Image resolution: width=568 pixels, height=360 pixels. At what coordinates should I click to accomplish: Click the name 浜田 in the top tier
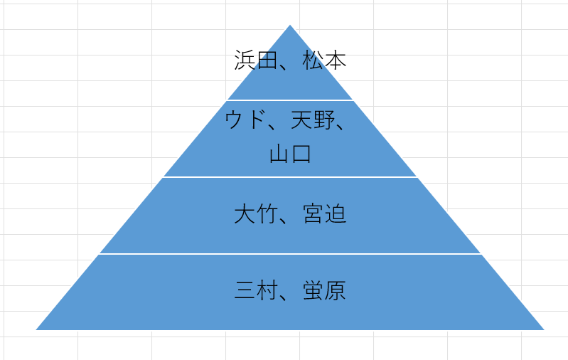256,60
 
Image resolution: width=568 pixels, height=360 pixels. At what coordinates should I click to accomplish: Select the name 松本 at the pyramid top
325,60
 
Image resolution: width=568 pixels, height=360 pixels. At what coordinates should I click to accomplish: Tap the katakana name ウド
245,120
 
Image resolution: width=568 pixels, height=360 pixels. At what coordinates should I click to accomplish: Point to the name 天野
314,120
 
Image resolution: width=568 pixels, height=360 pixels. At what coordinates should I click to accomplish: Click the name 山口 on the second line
290,154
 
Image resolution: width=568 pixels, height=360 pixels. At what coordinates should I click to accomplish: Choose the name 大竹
256,213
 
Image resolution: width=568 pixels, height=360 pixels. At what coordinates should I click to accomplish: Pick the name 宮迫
325,213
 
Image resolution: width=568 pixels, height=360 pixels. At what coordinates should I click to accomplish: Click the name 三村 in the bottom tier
256,290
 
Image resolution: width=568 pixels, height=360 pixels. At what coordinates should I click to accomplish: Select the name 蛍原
325,290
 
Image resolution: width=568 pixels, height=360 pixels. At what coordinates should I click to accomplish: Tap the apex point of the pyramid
290,25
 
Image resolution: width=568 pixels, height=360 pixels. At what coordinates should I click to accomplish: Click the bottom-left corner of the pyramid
36,329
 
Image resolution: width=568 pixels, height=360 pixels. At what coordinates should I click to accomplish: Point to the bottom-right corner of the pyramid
544,329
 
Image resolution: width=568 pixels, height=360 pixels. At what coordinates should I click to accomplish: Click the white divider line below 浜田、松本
290,100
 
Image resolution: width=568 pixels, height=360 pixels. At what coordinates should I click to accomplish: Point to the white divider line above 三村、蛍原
290,254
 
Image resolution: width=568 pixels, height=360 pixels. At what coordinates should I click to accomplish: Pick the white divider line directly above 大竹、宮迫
290,177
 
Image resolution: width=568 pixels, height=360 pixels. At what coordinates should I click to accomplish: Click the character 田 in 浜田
267,60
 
